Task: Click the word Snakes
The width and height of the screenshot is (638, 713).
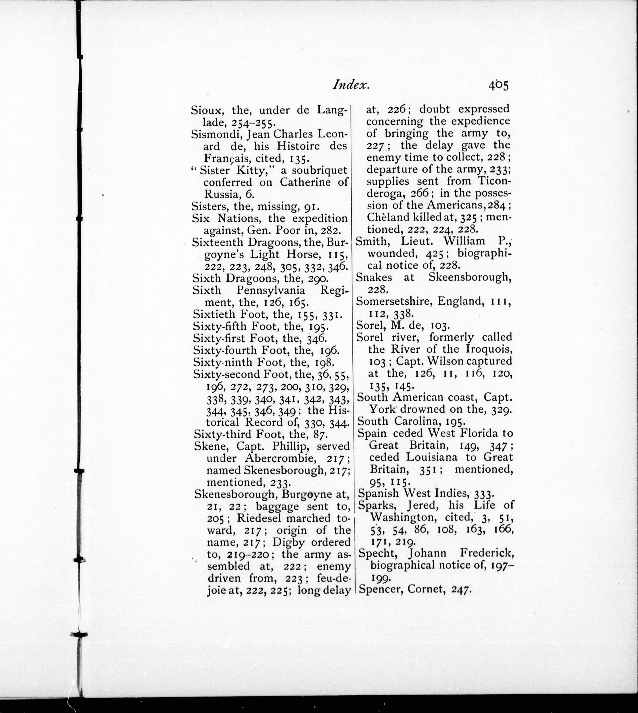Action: (374, 277)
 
